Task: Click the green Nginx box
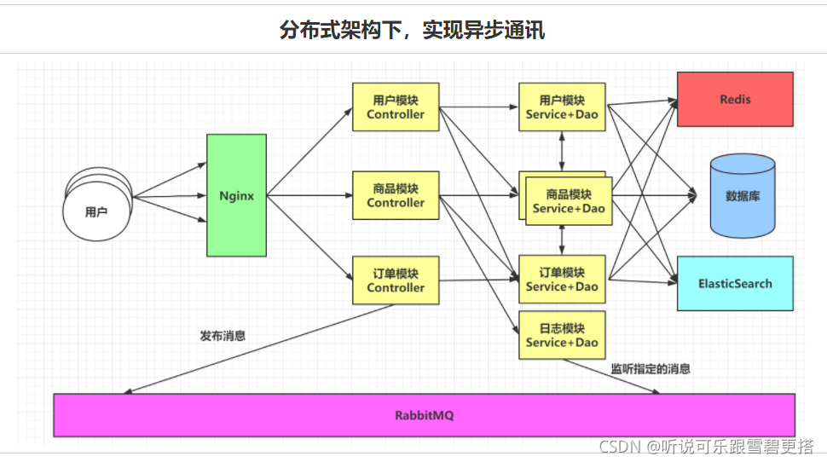click(x=236, y=195)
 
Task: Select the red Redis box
click(x=735, y=99)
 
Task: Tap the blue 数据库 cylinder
click(x=743, y=195)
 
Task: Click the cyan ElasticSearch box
click(x=735, y=283)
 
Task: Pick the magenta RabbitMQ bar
click(x=424, y=415)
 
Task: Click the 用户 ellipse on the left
click(x=96, y=211)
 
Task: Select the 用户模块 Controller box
click(x=396, y=107)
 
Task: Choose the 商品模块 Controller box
click(x=396, y=195)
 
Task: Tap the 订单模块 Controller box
click(x=396, y=280)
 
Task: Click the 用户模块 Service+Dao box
click(x=562, y=107)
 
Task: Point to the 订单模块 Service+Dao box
click(x=562, y=280)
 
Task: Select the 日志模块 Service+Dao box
click(x=562, y=335)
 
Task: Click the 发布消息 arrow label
click(x=223, y=336)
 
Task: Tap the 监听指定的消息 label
click(x=650, y=369)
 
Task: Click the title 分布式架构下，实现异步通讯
click(x=412, y=31)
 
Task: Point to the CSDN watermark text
click(x=706, y=447)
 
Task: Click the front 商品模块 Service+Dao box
click(x=569, y=201)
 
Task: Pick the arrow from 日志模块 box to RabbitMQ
click(x=614, y=376)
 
